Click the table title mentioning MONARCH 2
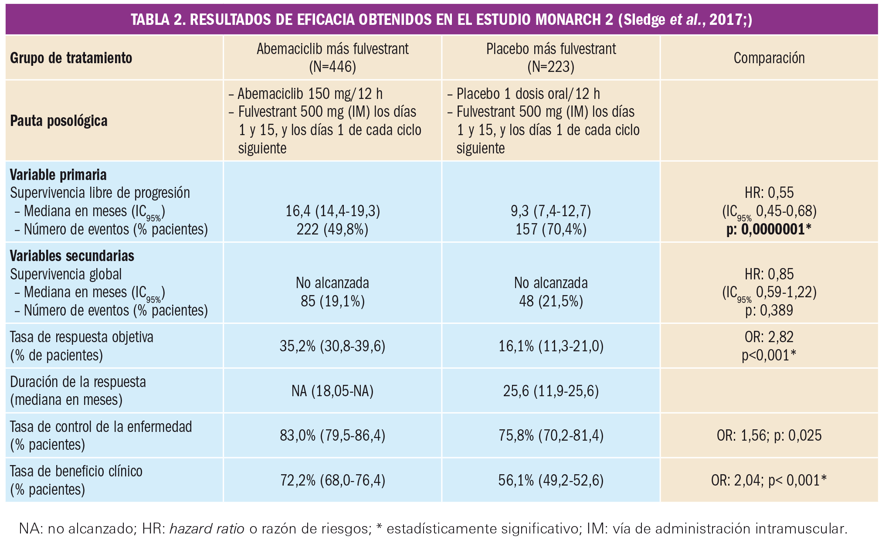441,20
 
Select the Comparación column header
769,58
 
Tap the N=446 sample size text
332,67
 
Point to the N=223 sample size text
551,67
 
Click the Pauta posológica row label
59,121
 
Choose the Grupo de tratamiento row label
71,58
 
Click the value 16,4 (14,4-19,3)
332,211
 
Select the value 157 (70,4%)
551,229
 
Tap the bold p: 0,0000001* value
769,229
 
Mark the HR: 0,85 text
769,274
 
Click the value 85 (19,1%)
332,301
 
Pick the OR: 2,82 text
769,337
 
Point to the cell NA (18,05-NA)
332,391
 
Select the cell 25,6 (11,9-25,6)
551,391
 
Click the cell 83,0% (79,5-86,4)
332,435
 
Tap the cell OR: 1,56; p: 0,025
769,435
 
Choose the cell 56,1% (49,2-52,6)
551,480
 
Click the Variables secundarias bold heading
72,256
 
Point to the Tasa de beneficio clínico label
76,471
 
